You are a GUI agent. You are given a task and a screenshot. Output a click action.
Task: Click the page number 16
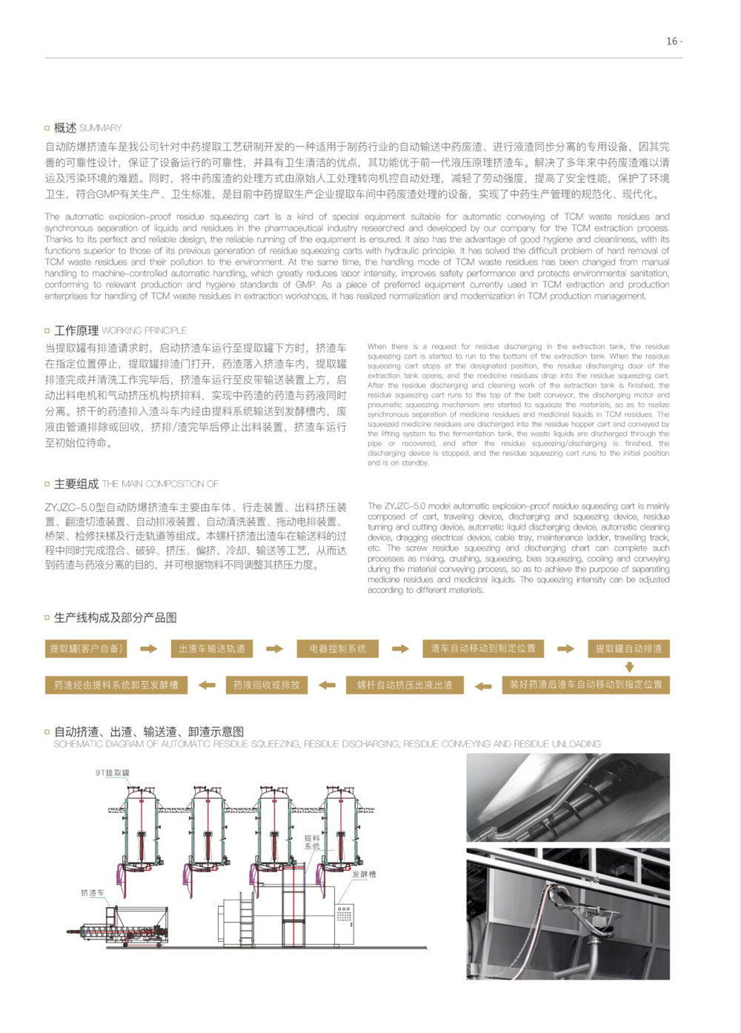672,41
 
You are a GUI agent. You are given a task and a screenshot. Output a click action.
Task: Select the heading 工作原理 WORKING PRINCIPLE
115,331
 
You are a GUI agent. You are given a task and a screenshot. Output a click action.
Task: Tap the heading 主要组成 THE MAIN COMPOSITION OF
131,484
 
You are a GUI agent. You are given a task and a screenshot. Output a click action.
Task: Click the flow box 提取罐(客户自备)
86,649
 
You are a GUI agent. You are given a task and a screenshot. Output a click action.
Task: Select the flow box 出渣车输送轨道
212,649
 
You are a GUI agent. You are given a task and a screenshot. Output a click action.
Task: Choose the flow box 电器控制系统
338,649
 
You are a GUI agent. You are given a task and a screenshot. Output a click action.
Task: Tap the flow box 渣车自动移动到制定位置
483,648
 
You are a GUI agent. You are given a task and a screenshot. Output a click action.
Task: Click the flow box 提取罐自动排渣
628,648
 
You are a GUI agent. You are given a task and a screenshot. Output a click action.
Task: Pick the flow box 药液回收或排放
266,685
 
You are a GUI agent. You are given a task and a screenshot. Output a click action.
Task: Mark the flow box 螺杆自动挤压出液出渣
405,685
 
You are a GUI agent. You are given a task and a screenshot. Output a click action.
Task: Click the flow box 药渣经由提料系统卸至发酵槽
116,685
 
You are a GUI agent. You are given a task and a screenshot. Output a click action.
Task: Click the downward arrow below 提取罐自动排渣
629,667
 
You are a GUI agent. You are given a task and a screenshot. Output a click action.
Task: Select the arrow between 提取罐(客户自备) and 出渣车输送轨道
149,649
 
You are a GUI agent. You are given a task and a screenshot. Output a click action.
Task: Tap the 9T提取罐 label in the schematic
113,773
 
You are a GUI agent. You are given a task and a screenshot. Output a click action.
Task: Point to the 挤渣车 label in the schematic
93,893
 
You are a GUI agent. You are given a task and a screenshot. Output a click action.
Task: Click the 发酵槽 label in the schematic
364,874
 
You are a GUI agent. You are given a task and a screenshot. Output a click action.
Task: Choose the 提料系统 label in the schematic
312,842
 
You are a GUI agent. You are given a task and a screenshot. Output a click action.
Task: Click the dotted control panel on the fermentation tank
344,914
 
